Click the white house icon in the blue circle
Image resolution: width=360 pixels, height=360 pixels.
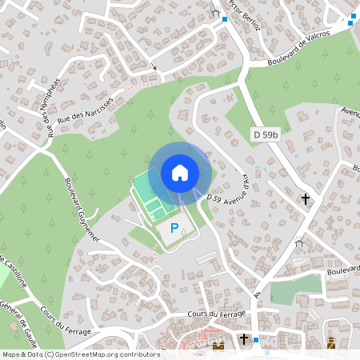[180, 172]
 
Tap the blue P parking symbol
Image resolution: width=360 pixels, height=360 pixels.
[174, 230]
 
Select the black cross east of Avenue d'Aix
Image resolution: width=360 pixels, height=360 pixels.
[305, 198]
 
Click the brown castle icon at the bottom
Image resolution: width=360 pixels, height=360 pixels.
[218, 345]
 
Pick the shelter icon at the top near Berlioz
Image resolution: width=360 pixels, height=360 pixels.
[214, 12]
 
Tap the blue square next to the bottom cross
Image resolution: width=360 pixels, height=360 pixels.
[255, 340]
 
